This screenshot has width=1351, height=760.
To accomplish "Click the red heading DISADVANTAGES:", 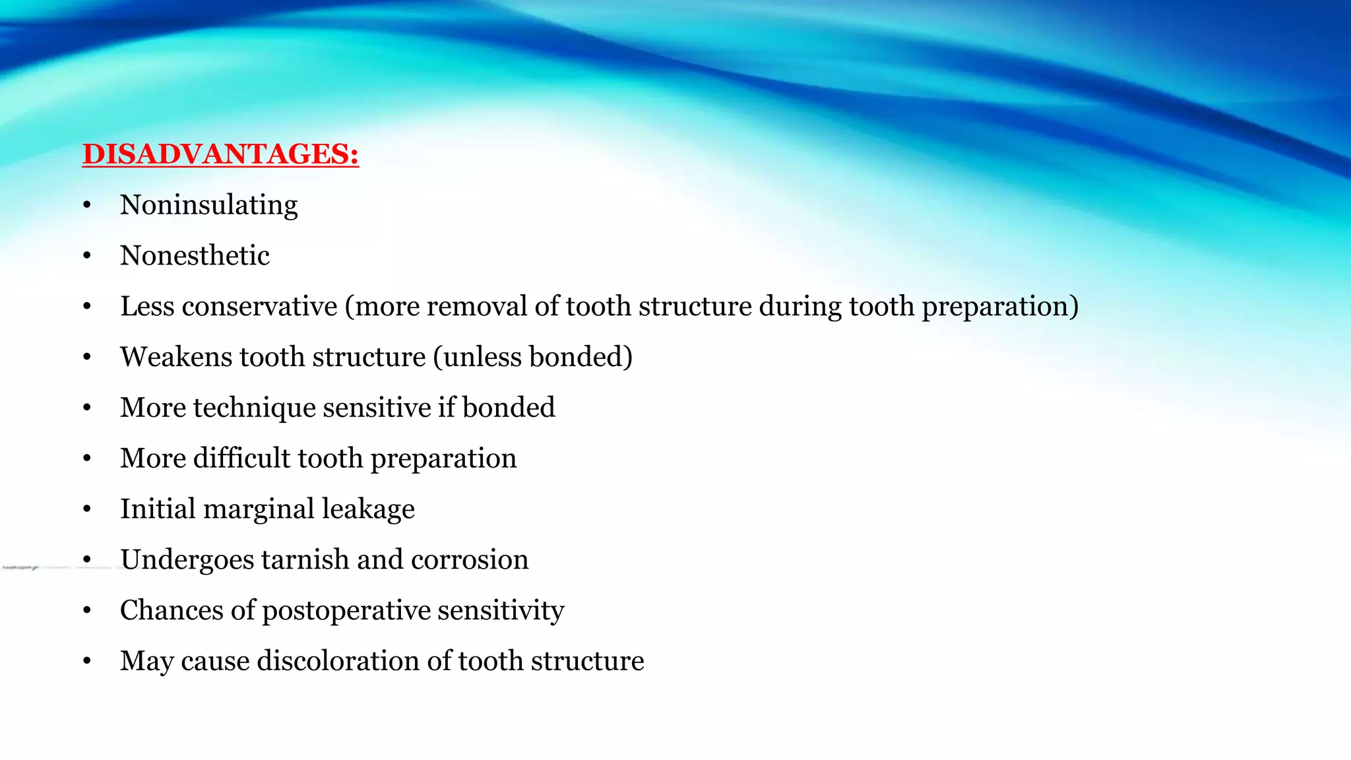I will coord(220,154).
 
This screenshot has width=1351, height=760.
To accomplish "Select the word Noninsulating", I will coord(208,205).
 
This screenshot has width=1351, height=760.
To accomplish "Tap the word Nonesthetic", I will coord(195,256).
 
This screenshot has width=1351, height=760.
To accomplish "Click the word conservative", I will coord(259,307).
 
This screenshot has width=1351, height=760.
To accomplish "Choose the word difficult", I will coord(241,459).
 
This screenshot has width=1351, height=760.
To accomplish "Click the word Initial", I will coord(158,509).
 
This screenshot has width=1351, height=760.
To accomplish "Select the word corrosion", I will coord(469,560).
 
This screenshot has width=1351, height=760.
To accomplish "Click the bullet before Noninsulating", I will coord(87,206).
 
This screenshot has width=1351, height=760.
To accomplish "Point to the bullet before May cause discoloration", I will coord(87,662).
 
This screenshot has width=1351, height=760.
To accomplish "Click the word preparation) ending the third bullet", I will coord(999,307).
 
